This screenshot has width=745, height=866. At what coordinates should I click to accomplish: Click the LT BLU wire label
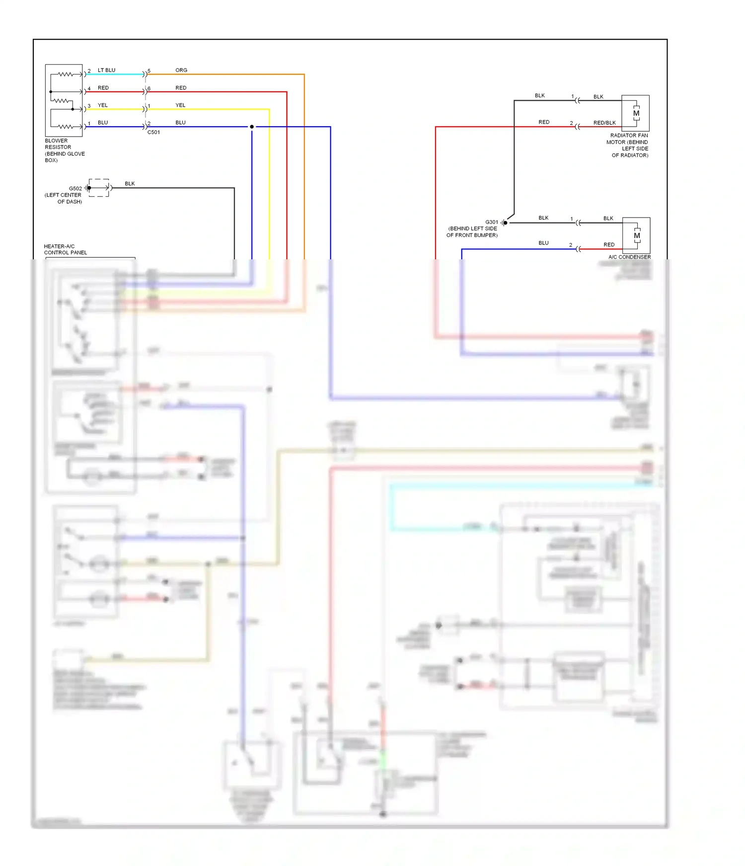106,70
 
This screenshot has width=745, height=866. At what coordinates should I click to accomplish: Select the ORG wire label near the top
181,70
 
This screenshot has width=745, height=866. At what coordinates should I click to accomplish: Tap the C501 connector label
153,132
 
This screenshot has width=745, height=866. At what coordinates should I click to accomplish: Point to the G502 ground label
75,188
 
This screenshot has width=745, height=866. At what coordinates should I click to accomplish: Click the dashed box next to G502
99,188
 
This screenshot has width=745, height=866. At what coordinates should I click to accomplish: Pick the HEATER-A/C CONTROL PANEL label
65,249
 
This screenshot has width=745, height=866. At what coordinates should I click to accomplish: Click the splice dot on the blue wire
252,127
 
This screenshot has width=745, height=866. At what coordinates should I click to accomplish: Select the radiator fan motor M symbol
636,113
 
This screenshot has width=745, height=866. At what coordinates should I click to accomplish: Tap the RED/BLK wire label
604,123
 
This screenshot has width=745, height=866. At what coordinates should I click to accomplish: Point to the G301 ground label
492,222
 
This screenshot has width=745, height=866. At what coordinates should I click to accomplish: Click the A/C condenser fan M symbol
637,236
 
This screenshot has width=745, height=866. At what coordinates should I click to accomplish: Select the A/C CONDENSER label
629,257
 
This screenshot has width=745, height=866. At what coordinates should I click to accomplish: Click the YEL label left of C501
103,105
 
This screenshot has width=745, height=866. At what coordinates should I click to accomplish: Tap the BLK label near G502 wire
130,183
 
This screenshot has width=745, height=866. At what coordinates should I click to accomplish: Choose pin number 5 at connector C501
149,71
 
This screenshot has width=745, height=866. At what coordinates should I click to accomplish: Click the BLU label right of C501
180,122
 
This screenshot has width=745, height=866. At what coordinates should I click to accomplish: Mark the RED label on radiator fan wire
544,122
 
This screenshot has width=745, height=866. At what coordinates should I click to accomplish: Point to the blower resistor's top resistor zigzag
65,75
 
